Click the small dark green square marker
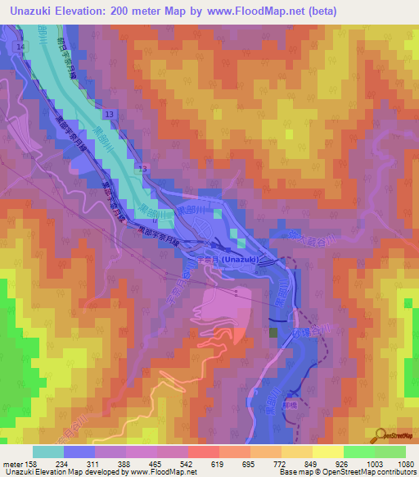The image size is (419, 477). point(273,331)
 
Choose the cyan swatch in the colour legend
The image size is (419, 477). point(48,451)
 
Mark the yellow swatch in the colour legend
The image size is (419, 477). point(328,451)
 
